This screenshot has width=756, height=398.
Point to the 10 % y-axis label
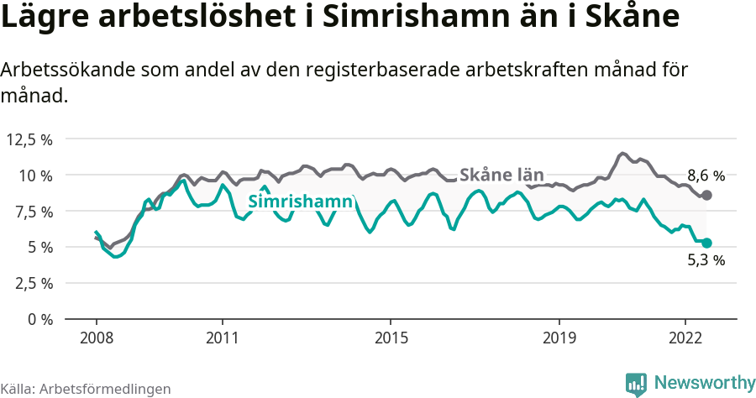(36, 175)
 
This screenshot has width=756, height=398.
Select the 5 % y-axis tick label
(40, 247)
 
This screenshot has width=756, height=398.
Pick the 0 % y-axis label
(40, 319)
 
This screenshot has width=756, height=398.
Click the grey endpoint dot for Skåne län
(706, 195)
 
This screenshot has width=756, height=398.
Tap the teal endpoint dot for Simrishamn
(706, 243)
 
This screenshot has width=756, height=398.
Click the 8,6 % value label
(706, 176)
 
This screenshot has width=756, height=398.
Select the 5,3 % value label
(706, 260)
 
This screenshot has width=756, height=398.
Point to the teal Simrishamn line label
(300, 202)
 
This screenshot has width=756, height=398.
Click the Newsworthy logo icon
(636, 384)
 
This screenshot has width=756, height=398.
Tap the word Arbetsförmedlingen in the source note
(105, 389)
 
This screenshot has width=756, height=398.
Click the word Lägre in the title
(45, 18)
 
